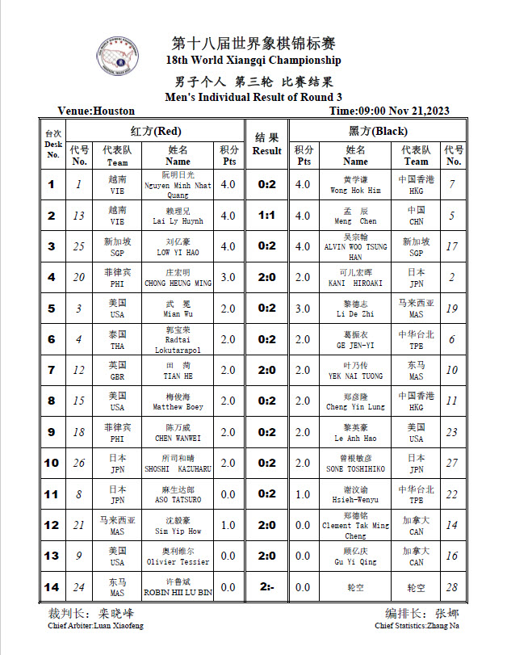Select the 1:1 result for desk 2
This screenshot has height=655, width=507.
pos(266,216)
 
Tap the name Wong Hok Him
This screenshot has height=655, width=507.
pos(355,191)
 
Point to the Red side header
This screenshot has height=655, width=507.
pos(156,131)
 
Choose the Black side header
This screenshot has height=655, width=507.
pos(378,131)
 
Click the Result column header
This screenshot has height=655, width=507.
pos(266,144)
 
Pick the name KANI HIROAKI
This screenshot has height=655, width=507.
pos(355,283)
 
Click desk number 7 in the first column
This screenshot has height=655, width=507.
pos(52,370)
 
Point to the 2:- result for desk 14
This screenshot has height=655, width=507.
pos(266,586)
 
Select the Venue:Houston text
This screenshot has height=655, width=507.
pos(96,111)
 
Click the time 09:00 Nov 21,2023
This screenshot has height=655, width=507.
pos(390,111)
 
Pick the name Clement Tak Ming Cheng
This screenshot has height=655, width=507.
pos(355,525)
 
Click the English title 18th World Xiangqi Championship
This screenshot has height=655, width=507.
pos(253,60)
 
